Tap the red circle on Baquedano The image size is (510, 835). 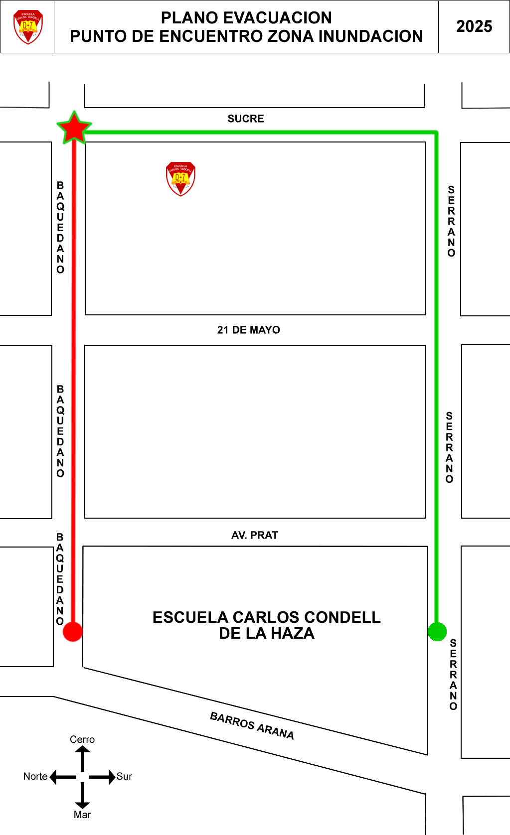73,632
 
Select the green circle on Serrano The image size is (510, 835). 437,632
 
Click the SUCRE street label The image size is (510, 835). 246,119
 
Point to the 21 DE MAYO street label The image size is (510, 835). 248,330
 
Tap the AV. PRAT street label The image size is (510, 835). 254,535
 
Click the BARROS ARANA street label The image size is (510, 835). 252,725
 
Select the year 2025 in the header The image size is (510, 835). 474,26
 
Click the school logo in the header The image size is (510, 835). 28,27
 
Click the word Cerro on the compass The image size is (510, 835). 82,739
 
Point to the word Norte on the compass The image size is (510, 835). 35,776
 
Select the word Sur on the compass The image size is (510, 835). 124,776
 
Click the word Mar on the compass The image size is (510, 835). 82,815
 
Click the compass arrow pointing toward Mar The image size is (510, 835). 82,796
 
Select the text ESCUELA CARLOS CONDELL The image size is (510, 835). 266,617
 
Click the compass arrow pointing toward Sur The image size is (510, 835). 103,777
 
